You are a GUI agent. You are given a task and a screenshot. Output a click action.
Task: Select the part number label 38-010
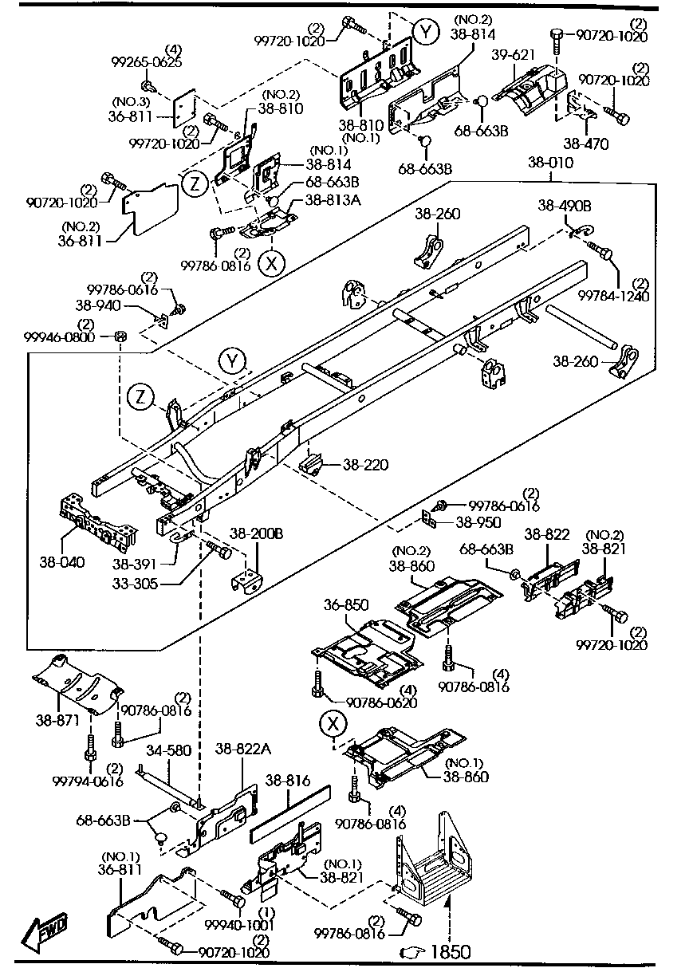point(549,163)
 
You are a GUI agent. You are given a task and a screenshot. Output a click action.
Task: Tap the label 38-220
point(366,464)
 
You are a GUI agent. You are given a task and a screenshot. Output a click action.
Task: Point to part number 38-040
point(61,561)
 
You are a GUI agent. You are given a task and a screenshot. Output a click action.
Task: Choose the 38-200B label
point(256,533)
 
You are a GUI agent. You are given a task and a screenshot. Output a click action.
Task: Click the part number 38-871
point(55,719)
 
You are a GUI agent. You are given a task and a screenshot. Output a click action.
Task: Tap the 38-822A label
point(243,749)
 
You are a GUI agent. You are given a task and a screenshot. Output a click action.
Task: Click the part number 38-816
point(287,781)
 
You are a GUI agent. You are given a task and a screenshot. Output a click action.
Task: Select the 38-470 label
point(586,144)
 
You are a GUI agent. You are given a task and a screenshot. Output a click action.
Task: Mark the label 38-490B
point(565,205)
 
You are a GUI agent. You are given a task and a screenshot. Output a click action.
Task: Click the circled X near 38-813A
point(271,262)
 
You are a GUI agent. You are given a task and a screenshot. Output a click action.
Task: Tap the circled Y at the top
point(426,33)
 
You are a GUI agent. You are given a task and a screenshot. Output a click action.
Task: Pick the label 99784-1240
point(615,296)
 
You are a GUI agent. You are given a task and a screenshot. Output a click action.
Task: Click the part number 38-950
point(478,523)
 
